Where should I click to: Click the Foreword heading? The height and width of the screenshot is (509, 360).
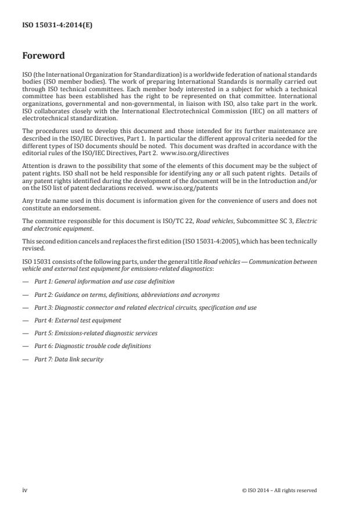pyautogui.click(x=43, y=56)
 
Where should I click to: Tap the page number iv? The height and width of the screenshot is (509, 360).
pyautogui.click(x=24, y=490)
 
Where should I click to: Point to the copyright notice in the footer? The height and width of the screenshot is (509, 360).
pyautogui.click(x=279, y=490)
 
